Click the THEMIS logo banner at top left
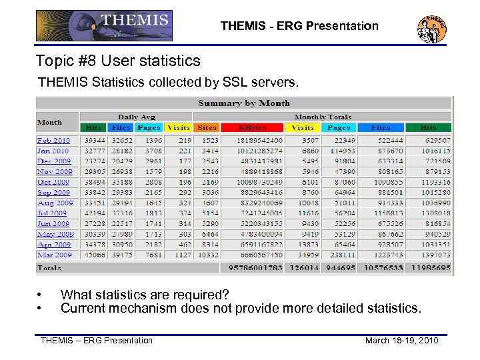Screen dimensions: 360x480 (x=104, y=25)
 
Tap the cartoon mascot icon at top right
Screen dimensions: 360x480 (x=431, y=27)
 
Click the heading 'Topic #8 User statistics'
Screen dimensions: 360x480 (x=118, y=61)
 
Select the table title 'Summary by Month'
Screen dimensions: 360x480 (x=244, y=103)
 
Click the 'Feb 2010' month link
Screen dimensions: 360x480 (x=53, y=141)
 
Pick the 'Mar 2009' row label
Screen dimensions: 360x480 (x=54, y=255)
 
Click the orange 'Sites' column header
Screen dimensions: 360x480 (x=207, y=127)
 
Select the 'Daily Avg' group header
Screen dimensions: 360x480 (x=137, y=117)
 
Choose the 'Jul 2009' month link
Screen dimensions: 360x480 (x=53, y=213)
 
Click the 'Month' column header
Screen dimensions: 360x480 (x=49, y=122)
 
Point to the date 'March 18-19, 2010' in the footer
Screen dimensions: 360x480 (x=401, y=341)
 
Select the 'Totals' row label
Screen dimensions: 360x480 (x=49, y=268)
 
